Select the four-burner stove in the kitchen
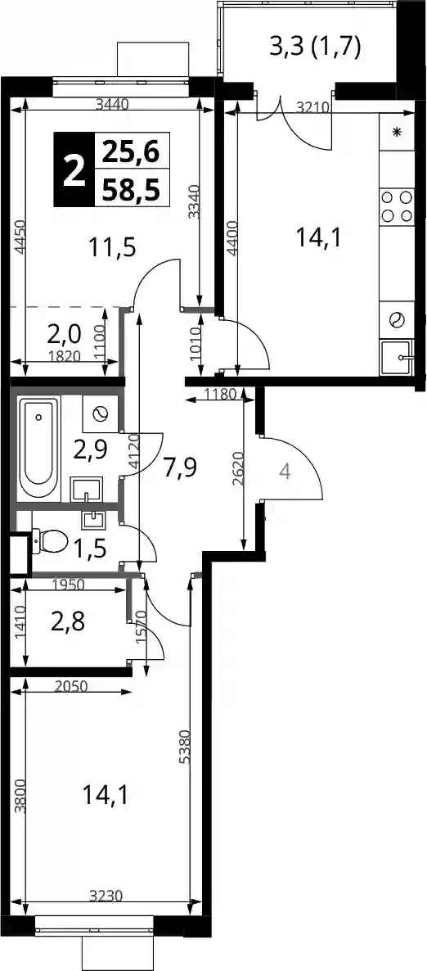[397, 206]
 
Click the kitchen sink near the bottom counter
[396, 357]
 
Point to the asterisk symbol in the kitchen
[398, 131]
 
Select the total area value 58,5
[131, 187]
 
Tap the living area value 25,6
[131, 151]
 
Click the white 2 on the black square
[74, 169]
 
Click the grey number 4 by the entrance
[285, 472]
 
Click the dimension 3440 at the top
[112, 105]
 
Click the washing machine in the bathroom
[100, 413]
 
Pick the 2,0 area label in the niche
[64, 335]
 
